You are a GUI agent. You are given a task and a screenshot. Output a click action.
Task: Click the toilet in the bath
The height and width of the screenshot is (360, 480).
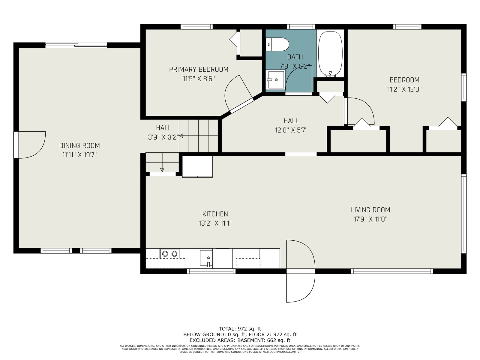pos(277,44)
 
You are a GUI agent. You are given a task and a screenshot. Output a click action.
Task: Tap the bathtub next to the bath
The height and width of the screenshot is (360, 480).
pos(330,54)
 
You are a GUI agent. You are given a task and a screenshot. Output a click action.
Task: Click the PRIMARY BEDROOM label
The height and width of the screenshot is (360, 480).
pos(199,70)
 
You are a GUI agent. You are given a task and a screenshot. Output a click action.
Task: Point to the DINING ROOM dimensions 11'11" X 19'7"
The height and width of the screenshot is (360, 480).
pos(79,155)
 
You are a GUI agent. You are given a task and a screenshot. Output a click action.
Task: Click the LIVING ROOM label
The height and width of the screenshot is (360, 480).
pos(370,210)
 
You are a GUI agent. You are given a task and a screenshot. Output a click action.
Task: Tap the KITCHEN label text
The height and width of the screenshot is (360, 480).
pos(215,214)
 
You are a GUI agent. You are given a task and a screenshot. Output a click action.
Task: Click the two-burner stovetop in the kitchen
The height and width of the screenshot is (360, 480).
pos(170,253)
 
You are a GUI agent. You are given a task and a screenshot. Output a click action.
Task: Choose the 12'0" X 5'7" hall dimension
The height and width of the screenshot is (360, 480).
pos(291,130)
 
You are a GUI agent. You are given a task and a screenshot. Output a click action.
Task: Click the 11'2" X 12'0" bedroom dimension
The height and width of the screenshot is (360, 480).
pos(404,89)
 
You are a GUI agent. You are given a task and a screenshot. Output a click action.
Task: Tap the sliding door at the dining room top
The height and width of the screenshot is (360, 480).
pos(76,45)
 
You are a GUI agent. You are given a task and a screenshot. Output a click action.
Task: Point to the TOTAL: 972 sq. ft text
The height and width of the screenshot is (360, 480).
pos(240,328)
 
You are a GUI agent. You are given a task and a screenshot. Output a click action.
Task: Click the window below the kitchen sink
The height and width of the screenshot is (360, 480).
pos(211,271)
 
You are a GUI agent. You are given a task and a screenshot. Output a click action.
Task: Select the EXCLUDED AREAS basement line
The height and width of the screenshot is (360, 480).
pos(240,340)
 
